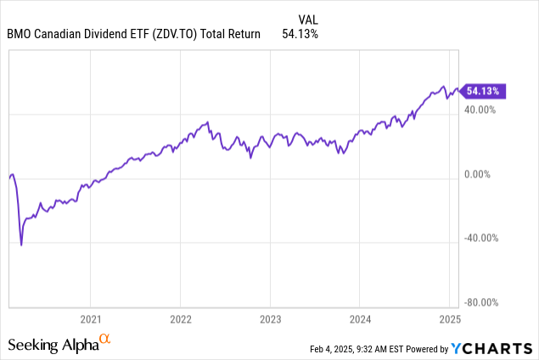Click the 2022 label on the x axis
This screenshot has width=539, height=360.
point(180,319)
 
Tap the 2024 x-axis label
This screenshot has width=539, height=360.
point(359,319)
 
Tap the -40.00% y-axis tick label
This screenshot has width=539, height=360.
point(482,238)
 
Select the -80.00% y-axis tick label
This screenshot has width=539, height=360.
point(482,302)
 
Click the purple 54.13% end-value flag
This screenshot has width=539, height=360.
point(485,89)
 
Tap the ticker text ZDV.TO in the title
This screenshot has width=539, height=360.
point(177,34)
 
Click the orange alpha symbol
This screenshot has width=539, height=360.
point(106,340)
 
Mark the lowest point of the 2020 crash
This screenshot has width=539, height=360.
point(21,245)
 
